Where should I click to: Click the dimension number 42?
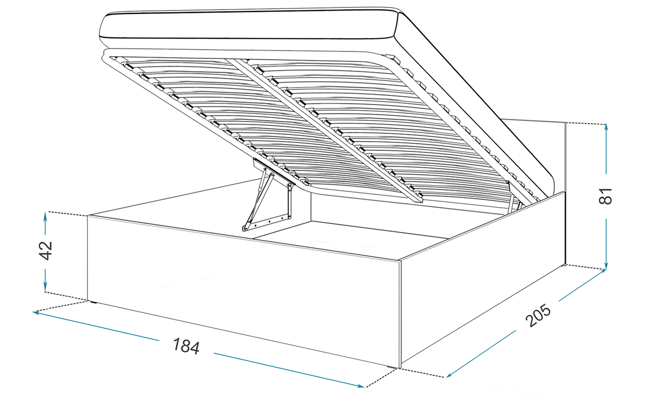click(46, 250)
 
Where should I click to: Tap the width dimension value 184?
click(186, 346)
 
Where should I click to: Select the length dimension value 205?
click(538, 316)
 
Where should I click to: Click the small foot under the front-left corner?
click(93, 301)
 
